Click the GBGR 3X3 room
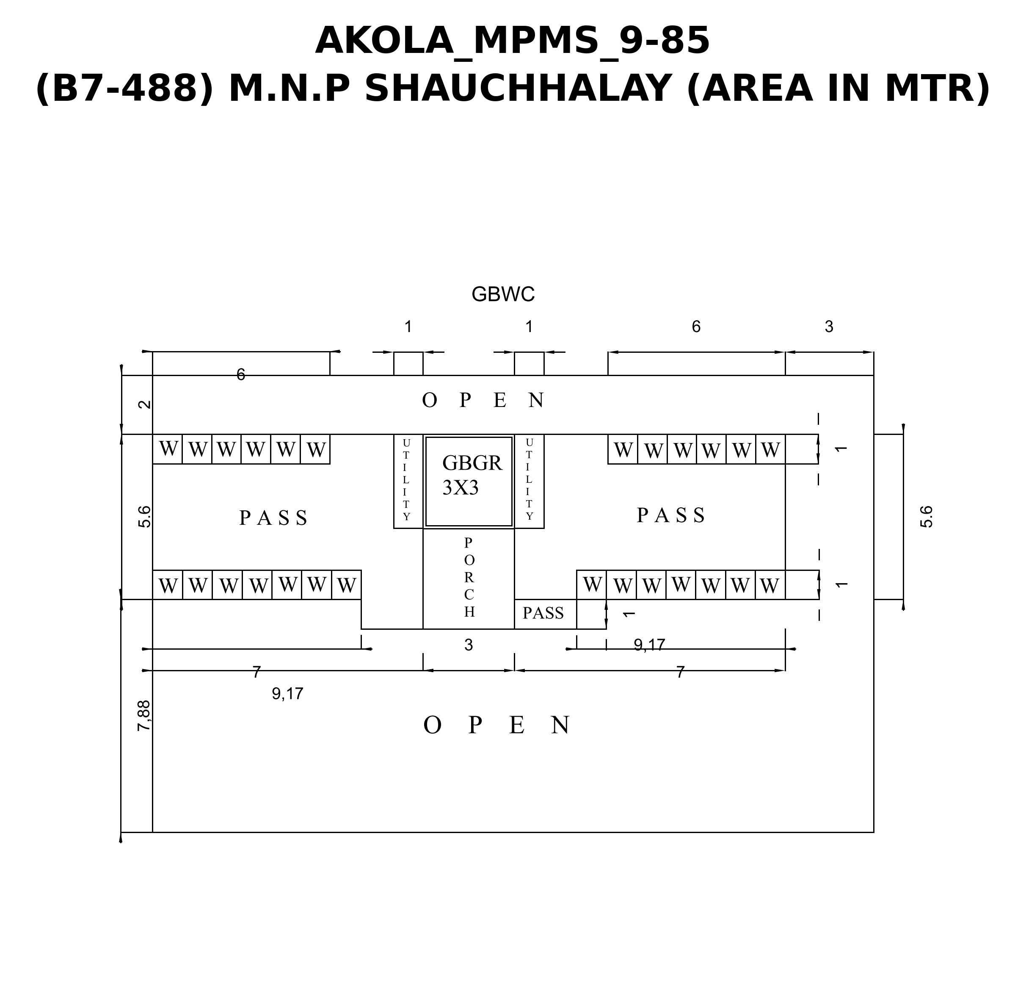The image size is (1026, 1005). point(469,482)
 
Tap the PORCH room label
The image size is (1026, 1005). point(469,577)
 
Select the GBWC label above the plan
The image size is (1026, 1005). point(503,294)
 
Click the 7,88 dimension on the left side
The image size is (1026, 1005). point(144,715)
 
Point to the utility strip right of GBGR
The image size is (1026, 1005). point(529,481)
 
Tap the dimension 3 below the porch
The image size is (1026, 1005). point(469,645)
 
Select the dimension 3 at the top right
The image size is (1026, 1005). point(829,327)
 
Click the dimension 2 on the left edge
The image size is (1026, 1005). point(144,404)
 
